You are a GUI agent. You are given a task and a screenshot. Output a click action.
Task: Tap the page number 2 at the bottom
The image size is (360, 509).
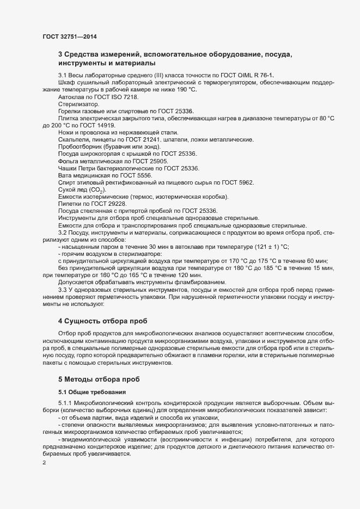pyautogui.click(x=44, y=464)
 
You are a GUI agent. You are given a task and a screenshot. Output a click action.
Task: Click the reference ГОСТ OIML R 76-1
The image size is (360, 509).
pyautogui.click(x=251, y=75)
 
